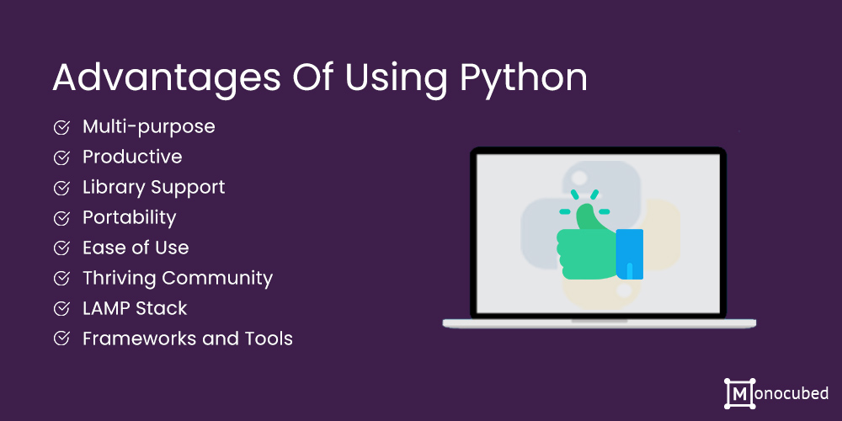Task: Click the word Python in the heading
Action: [x=523, y=78]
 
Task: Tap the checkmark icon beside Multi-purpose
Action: [x=61, y=127]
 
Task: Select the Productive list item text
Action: [x=132, y=157]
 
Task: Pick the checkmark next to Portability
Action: [x=61, y=218]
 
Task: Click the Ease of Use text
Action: [x=136, y=248]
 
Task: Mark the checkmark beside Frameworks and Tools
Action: [x=61, y=338]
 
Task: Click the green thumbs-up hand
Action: [x=585, y=248]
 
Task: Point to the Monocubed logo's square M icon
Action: [x=738, y=392]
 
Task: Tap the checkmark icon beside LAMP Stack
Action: [x=61, y=308]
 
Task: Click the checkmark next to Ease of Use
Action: [x=61, y=248]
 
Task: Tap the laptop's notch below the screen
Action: [x=599, y=320]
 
